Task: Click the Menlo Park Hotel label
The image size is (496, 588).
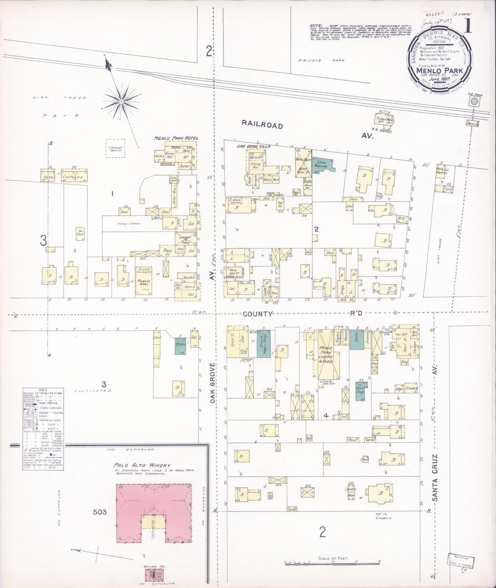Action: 176,138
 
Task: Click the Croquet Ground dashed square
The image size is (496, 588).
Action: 115,148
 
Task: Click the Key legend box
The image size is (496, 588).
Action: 43,429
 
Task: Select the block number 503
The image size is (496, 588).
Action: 100,512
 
